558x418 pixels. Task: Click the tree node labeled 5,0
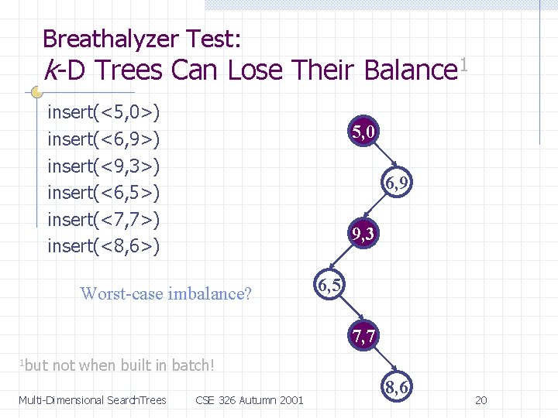(x=363, y=132)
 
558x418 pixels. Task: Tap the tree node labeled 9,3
(x=363, y=234)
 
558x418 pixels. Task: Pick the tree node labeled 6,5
(x=329, y=285)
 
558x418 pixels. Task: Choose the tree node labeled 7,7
(x=363, y=337)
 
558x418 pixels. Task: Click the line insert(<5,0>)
(x=104, y=113)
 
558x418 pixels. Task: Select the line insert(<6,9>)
(x=104, y=139)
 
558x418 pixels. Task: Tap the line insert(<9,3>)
(x=104, y=166)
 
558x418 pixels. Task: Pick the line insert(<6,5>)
(x=104, y=192)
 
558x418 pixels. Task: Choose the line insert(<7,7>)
(x=104, y=219)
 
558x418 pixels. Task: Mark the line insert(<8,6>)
(x=104, y=245)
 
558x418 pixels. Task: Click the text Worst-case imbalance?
(x=166, y=293)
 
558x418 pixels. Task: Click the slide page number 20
(x=480, y=400)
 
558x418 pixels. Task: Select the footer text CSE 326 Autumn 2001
(x=250, y=400)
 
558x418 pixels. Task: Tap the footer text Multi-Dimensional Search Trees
(x=92, y=400)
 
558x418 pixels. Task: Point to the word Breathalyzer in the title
(x=110, y=38)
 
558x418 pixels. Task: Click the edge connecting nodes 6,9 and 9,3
(x=379, y=209)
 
